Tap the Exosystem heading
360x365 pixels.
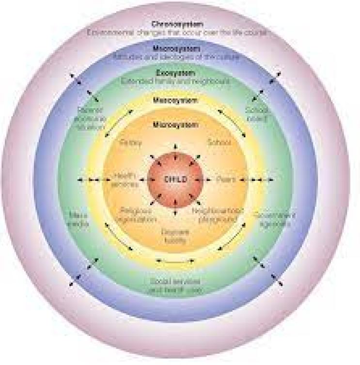[x=175, y=73]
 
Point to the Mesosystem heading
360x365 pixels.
[x=175, y=101]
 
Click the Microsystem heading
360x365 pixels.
[x=175, y=125]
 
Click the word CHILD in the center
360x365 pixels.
[x=175, y=179]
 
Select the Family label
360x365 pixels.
[x=130, y=143]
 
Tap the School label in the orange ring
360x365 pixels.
[x=219, y=143]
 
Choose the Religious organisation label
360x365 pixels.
[x=137, y=215]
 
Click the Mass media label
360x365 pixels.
[x=79, y=219]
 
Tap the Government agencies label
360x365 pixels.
[x=272, y=219]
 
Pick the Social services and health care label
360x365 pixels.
[x=176, y=286]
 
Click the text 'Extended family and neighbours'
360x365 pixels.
[x=175, y=82]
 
